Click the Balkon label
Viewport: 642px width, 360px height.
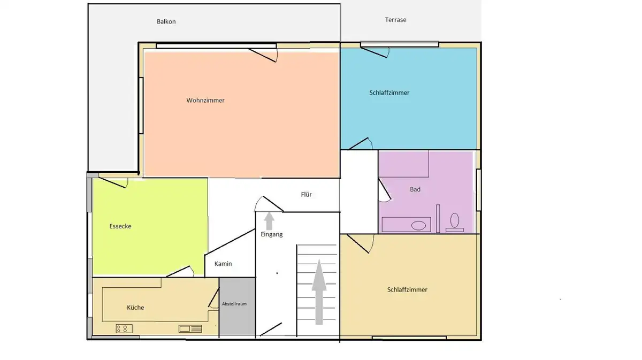click(x=166, y=21)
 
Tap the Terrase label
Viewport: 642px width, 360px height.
click(x=395, y=20)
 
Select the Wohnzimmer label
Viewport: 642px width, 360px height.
click(x=205, y=101)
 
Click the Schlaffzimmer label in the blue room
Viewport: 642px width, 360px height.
click(x=389, y=93)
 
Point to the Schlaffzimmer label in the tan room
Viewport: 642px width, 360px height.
click(x=407, y=289)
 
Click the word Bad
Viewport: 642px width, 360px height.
click(x=415, y=189)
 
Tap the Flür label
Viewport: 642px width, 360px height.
click(x=306, y=194)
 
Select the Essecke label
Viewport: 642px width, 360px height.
click(x=120, y=226)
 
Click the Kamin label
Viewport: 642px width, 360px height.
click(x=223, y=264)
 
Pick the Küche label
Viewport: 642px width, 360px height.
click(x=135, y=308)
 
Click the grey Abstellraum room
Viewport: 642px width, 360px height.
click(x=238, y=306)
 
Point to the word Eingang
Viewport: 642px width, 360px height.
click(x=272, y=234)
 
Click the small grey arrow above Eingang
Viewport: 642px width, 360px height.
click(x=269, y=221)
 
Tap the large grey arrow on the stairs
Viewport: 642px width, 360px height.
click(x=319, y=292)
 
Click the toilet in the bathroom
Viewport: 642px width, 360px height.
click(x=455, y=223)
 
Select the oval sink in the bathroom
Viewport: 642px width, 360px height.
click(x=418, y=225)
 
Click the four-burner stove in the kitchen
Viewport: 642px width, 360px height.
click(x=124, y=329)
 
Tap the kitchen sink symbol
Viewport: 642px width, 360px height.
click(x=190, y=329)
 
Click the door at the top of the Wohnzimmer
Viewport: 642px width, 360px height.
click(x=263, y=55)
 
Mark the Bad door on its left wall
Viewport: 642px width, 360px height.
click(x=385, y=190)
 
